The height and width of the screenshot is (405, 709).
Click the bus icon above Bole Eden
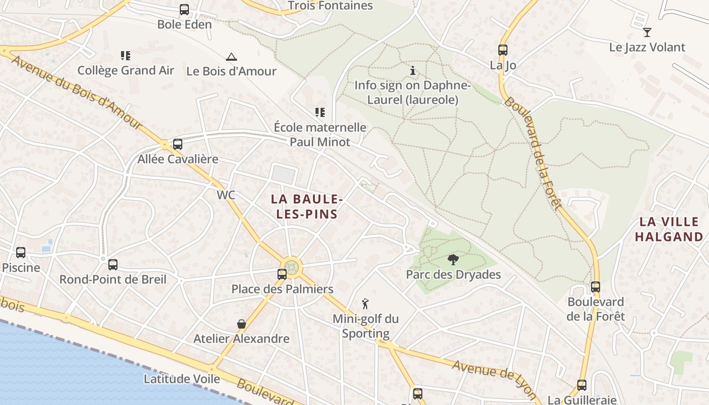pos(184,10)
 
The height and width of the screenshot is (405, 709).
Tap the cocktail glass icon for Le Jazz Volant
pos(647,33)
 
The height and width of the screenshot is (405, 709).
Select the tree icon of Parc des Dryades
pos(453,260)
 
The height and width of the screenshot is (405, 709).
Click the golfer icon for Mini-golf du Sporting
pos(365,304)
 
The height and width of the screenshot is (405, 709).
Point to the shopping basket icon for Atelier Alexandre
pos(242,323)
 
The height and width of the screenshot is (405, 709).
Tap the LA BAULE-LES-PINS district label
pos(307,207)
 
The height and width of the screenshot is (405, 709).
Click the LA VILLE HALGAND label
pos(669,229)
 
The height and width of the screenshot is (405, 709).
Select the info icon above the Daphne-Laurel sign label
pos(413,70)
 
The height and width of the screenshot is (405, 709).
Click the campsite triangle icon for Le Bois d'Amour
pos(231,57)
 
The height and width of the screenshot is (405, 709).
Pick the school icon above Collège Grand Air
pos(125,55)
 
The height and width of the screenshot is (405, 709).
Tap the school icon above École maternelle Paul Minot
pos(320,112)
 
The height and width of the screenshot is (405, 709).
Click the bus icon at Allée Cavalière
pos(178,144)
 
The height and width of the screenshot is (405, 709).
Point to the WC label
pos(226,195)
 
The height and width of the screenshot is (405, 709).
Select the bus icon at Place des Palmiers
pos(282,274)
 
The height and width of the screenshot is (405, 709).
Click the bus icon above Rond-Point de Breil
pos(113,264)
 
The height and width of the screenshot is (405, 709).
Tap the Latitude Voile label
pos(182,379)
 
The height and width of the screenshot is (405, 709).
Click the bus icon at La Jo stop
pos(502,50)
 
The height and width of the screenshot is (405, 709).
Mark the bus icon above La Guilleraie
pos(582,385)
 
